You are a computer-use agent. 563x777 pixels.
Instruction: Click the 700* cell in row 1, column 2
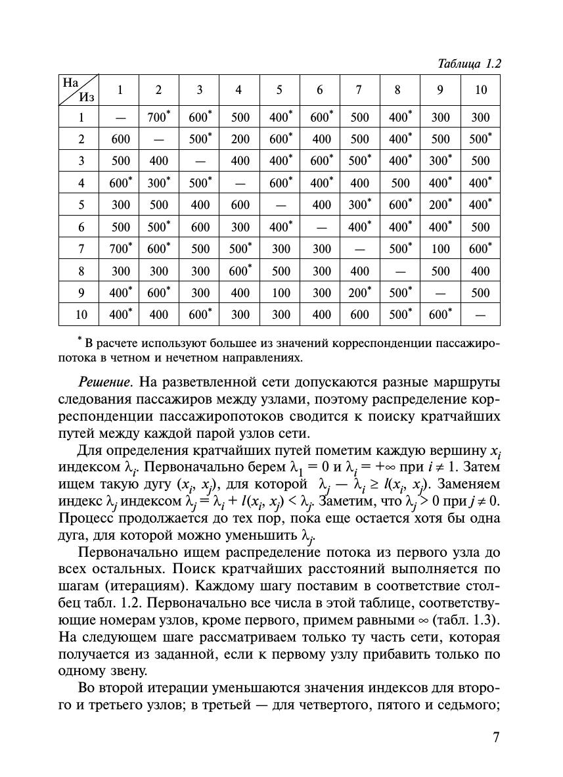[158, 118]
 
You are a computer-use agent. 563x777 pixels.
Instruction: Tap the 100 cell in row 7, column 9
[440, 249]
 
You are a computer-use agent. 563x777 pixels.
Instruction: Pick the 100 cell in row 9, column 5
[281, 293]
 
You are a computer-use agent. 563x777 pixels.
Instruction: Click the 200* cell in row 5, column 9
[440, 205]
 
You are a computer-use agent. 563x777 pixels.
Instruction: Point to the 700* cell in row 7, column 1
[120, 249]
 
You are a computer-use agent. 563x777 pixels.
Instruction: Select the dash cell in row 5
[281, 205]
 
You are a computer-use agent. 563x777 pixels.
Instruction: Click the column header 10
[481, 90]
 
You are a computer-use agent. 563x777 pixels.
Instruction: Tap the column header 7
[359, 90]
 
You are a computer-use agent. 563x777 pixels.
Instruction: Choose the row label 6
[81, 227]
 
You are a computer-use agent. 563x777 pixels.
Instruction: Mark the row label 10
[81, 315]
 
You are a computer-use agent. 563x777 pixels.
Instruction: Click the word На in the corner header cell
[70, 83]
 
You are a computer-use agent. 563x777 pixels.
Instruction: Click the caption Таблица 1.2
[469, 64]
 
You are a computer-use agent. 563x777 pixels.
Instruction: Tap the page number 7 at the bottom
[497, 737]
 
